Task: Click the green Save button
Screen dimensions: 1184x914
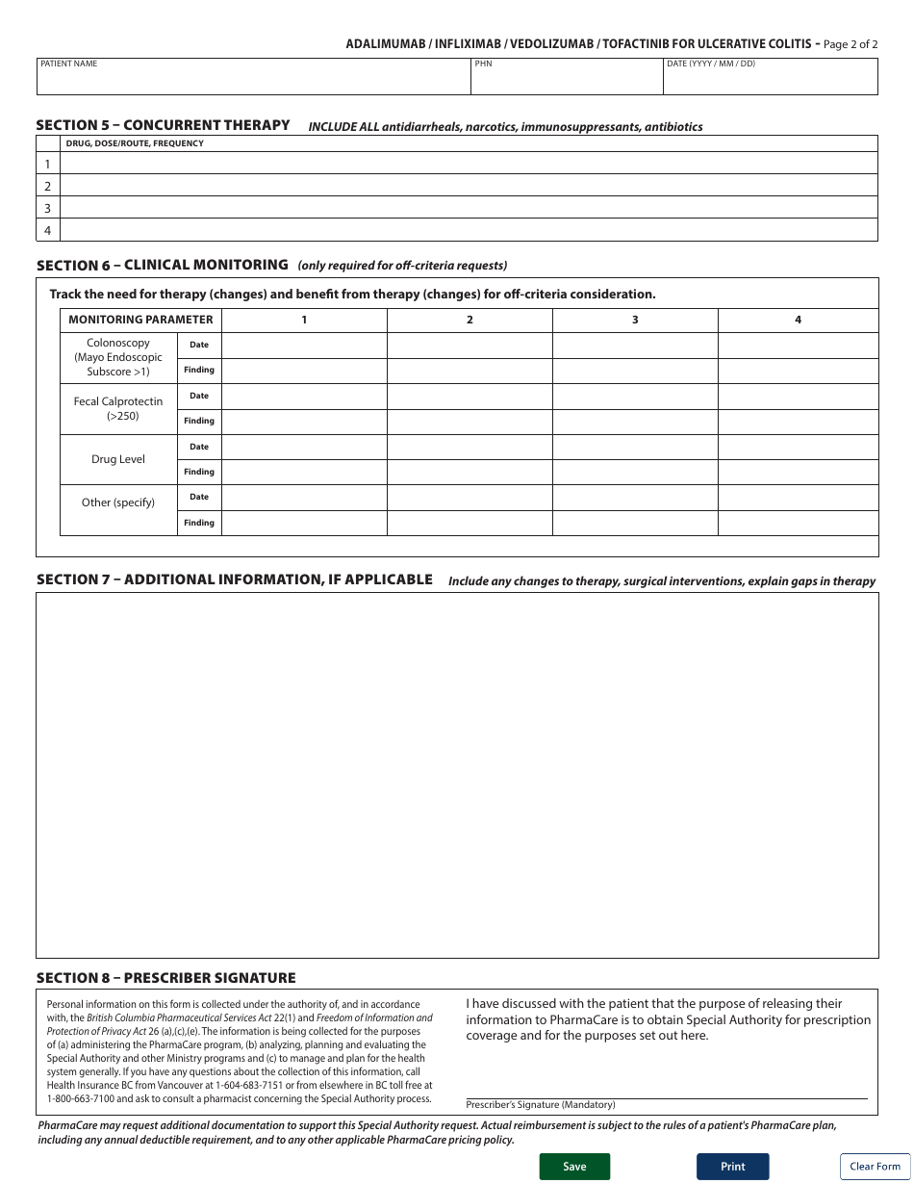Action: [x=574, y=1166]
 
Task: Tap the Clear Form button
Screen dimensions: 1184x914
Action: [x=875, y=1166]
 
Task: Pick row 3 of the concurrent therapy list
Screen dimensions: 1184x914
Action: [x=469, y=208]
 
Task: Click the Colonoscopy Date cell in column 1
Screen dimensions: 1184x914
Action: [x=304, y=345]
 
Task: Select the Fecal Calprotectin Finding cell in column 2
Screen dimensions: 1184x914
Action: [x=470, y=421]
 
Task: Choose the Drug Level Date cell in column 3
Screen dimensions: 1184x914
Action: [x=635, y=447]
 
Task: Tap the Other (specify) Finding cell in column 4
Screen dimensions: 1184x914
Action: [x=798, y=523]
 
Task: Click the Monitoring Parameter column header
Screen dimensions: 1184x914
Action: [x=140, y=320]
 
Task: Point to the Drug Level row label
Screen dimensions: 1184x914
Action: [x=118, y=459]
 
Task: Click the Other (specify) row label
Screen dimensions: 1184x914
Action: [x=118, y=502]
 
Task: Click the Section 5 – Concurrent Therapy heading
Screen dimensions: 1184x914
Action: [x=163, y=125]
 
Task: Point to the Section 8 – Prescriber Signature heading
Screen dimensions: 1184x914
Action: [x=165, y=978]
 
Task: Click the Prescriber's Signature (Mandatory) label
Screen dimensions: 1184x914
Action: [x=540, y=1105]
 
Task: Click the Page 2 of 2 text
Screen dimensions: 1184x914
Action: [x=851, y=44]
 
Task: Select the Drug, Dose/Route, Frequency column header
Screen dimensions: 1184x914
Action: [x=135, y=143]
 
